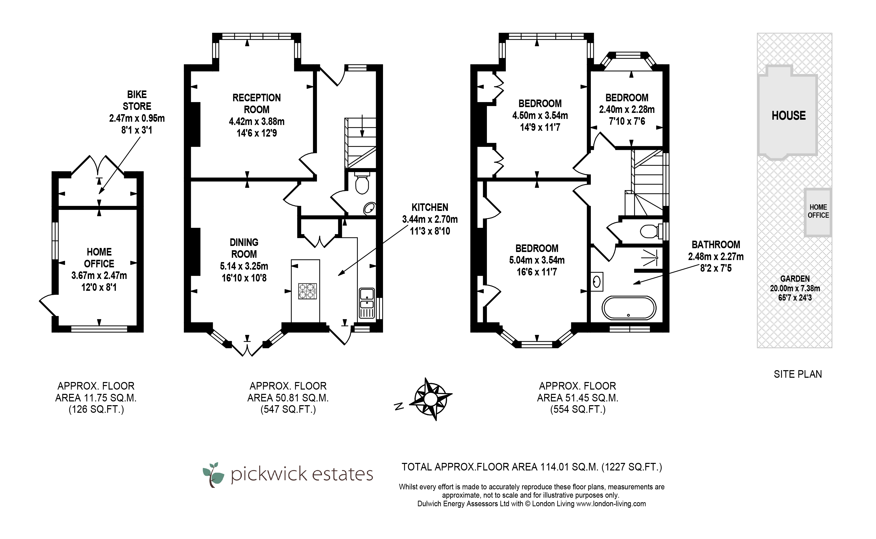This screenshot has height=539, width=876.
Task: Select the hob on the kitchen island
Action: (307, 291)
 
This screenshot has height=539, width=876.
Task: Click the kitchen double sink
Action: (367, 303)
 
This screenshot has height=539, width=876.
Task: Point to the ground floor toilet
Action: (362, 183)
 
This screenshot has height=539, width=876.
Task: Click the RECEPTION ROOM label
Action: (256, 103)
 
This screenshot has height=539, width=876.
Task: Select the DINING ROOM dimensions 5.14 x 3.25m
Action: (244, 266)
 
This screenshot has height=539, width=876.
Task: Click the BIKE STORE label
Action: (137, 100)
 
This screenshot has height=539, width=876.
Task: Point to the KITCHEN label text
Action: (430, 207)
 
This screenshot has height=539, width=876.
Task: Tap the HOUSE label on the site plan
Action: (789, 115)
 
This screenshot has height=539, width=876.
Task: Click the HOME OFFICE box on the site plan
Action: (818, 212)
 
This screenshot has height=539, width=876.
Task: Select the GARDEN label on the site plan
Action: (795, 279)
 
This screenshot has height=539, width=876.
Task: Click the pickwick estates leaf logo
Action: (213, 475)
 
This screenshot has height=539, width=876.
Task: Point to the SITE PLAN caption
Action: (798, 374)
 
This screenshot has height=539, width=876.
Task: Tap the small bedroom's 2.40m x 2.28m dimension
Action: (627, 109)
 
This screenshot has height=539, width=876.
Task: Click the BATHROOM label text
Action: (716, 244)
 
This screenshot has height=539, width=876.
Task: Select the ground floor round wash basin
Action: (369, 209)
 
